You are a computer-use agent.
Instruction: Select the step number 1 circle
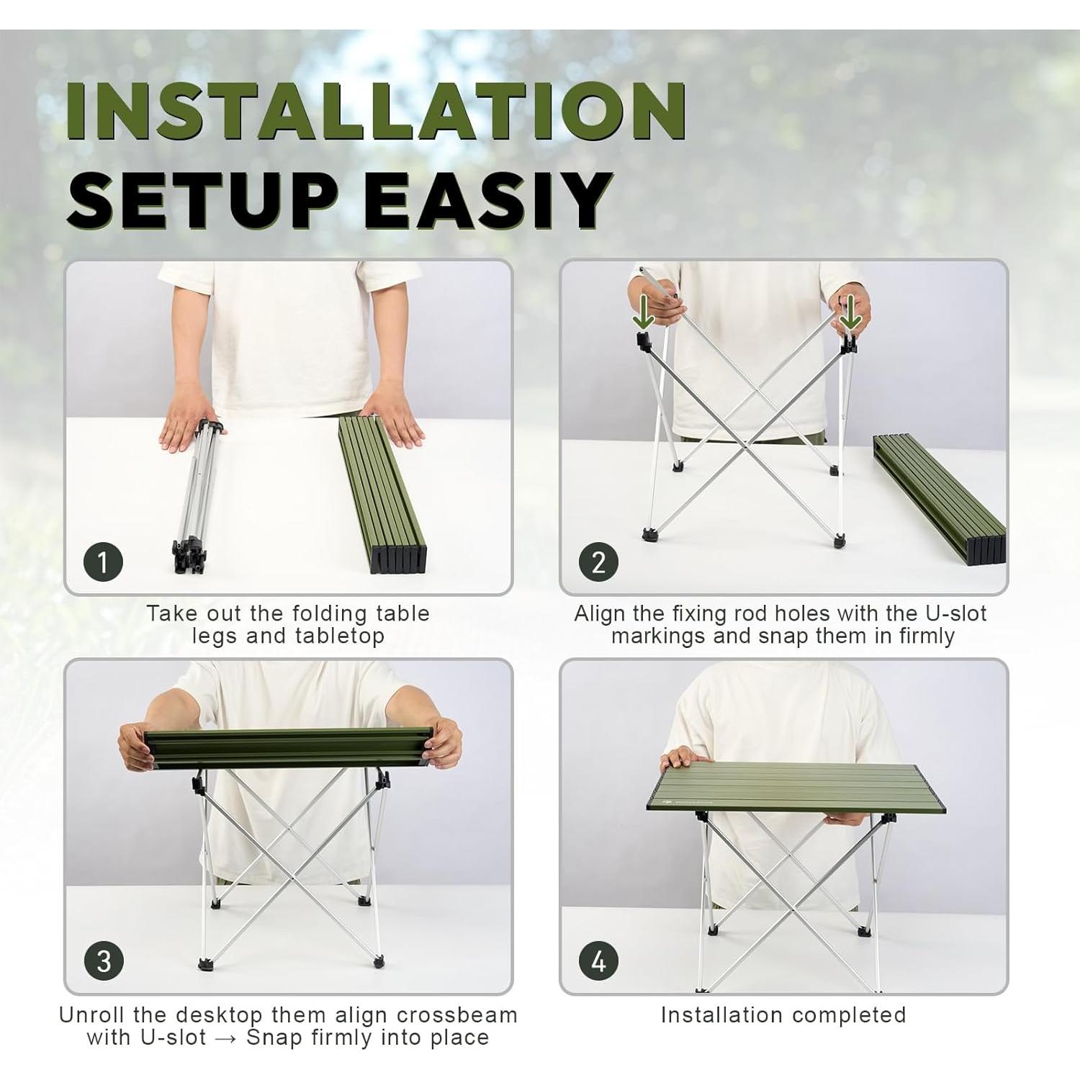(x=103, y=562)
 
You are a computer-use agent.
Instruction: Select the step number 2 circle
(x=598, y=562)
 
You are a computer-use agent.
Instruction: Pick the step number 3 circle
(x=103, y=960)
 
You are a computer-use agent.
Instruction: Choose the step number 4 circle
(x=598, y=960)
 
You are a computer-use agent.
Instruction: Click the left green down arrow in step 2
(x=642, y=311)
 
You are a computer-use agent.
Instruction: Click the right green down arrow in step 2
(x=850, y=311)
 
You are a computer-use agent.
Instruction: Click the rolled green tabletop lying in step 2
(x=936, y=497)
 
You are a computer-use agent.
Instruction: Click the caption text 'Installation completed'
(x=783, y=1014)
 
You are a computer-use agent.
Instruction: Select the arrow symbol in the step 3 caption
(x=226, y=1038)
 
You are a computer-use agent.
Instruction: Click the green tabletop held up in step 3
(x=288, y=747)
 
